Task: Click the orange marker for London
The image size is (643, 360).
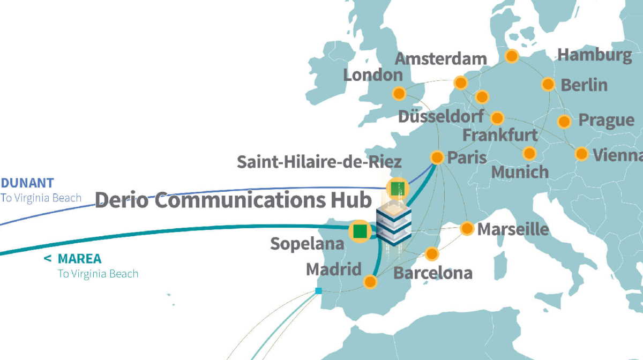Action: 399,94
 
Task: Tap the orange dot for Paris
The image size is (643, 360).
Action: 437,157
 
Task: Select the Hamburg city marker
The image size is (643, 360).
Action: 512,56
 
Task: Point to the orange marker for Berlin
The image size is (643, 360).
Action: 548,84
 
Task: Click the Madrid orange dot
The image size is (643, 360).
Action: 370,281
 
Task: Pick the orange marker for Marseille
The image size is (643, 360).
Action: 467,229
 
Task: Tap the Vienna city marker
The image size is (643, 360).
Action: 581,154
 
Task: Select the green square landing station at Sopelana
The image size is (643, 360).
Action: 360,231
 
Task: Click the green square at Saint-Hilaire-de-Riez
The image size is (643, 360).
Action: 398,189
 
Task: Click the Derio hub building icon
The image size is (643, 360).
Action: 393,225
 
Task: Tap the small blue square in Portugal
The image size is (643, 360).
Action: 318,291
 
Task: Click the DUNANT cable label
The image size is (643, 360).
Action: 27,183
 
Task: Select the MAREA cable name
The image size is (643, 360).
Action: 79,259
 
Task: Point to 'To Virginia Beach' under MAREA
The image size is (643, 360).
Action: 98,274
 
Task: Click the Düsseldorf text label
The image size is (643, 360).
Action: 440,116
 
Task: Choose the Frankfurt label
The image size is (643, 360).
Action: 499,135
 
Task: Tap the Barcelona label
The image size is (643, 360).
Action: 433,273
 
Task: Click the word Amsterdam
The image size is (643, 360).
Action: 440,59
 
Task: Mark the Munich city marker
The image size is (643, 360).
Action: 529,154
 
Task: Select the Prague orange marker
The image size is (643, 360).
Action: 564,122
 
